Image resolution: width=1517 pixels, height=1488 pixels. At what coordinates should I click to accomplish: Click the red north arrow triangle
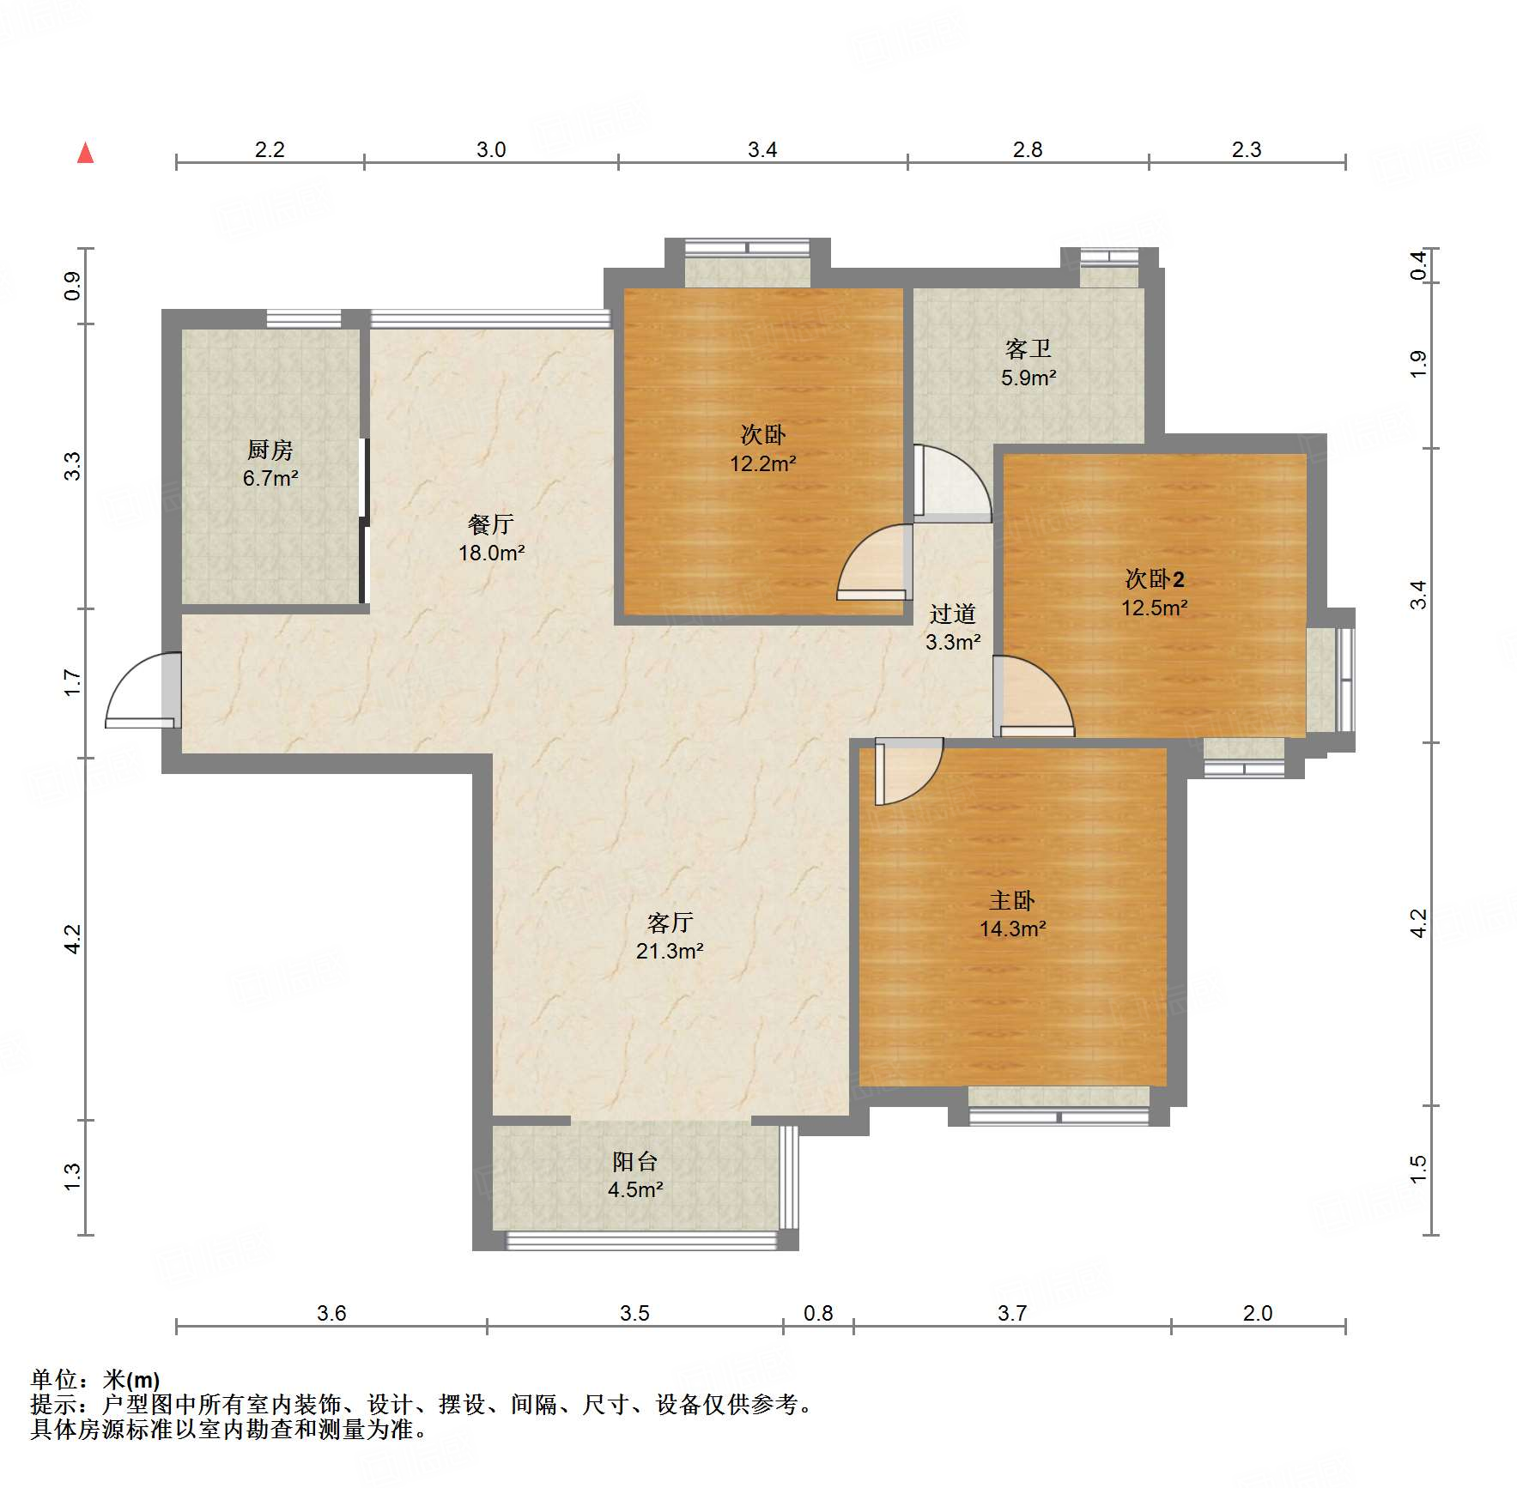85,153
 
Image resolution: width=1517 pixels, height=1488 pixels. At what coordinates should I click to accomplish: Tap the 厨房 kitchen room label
270,450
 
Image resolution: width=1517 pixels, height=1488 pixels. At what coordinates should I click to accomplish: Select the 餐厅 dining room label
491,524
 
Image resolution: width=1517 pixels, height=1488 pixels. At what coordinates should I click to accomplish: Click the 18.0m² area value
491,553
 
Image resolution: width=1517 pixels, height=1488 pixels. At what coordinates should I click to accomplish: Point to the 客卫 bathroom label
1029,349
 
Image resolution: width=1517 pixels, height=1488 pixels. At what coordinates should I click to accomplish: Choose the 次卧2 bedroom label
1155,579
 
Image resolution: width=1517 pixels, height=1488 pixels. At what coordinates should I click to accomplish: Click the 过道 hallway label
953,614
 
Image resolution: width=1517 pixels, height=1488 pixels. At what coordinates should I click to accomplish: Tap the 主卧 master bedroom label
1012,900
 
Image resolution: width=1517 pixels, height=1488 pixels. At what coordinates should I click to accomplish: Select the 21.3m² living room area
670,951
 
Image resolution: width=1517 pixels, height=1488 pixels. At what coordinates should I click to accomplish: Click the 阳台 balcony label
635,1161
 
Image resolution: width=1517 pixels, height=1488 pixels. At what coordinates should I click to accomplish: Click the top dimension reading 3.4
762,150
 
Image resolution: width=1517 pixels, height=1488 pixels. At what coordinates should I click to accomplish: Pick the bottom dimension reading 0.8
818,1313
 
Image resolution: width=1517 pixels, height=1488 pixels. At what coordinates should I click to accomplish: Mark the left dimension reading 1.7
73,683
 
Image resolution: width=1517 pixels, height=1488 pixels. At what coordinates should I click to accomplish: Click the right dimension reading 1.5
1418,1169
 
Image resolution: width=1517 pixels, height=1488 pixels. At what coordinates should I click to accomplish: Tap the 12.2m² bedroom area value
763,464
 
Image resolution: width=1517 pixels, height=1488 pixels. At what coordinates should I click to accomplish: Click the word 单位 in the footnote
53,1379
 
